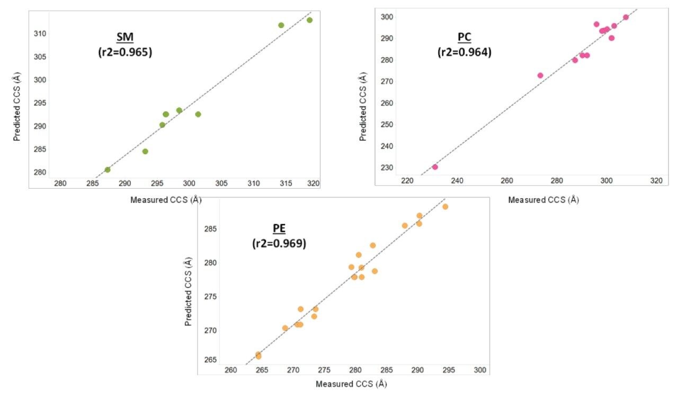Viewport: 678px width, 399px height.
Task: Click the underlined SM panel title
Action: coord(125,38)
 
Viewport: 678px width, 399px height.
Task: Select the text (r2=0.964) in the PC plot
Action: coord(464,52)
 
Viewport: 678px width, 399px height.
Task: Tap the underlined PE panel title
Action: coord(279,228)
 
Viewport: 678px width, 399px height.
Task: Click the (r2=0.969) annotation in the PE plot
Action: coord(279,244)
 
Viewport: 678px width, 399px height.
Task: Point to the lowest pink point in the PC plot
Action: coord(435,167)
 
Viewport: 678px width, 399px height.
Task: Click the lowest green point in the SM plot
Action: coord(108,170)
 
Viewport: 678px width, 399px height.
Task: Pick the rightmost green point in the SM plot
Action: coord(309,20)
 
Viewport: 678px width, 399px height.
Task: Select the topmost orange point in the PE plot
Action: coord(445,207)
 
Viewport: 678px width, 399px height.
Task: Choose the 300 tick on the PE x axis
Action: coord(480,370)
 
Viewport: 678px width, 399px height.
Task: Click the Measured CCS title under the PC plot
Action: coord(543,200)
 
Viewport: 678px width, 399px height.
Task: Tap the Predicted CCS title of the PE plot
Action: coord(189,291)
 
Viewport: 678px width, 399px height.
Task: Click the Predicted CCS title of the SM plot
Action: coord(17,107)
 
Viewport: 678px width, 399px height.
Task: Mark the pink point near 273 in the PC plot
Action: coord(540,75)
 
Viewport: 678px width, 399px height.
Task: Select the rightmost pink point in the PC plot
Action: coord(626,17)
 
